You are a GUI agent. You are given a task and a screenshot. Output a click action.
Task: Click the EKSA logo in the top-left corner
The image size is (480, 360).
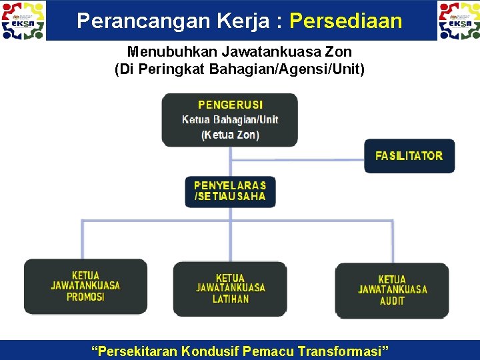(x=24, y=20)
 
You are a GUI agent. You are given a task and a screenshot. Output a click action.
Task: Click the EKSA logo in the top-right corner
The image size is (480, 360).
(x=459, y=20)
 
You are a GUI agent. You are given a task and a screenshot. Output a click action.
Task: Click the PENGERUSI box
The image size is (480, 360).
(x=230, y=120)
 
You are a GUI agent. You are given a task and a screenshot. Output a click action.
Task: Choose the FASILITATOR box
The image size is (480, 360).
(x=409, y=156)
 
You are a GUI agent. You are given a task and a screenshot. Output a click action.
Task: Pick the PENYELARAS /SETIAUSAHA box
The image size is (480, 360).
(x=230, y=191)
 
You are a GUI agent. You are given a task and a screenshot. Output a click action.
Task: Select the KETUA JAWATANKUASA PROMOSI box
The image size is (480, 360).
(x=85, y=286)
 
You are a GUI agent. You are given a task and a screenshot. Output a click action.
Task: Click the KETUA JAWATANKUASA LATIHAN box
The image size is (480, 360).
(x=230, y=289)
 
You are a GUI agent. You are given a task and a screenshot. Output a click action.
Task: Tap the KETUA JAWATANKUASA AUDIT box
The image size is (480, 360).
(x=392, y=290)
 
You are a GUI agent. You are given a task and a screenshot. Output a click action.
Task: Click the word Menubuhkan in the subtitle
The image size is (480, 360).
(x=167, y=51)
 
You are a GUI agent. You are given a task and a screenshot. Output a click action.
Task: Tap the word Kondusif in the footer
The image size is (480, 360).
(x=206, y=351)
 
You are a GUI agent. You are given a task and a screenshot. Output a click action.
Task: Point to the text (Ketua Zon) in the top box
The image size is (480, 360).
(x=230, y=135)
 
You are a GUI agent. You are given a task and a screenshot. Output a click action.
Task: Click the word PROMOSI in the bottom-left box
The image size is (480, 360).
(x=85, y=297)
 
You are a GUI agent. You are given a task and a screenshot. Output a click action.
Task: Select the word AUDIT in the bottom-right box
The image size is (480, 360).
(x=392, y=301)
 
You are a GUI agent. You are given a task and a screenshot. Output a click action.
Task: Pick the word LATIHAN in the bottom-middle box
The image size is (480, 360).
(x=231, y=299)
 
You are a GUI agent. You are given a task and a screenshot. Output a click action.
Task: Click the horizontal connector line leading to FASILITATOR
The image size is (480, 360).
(x=297, y=160)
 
